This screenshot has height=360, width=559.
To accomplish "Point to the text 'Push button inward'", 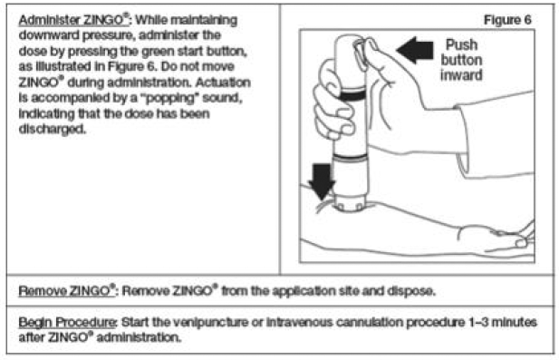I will tap(463, 60).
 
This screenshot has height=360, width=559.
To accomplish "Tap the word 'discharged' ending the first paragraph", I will tap(53, 128).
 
